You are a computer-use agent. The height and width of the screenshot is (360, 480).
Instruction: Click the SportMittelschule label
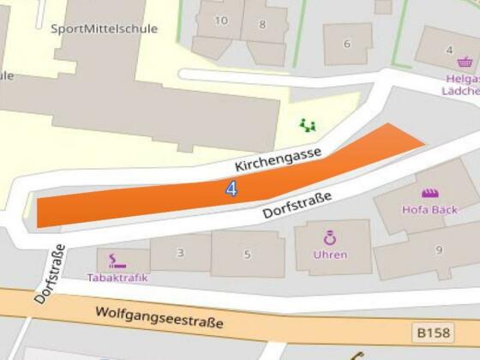click(x=105, y=28)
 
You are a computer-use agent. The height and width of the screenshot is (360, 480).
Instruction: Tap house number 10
click(x=221, y=21)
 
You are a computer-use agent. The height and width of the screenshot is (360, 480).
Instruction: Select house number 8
click(x=262, y=24)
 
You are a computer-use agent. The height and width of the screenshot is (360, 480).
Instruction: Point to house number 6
click(x=347, y=45)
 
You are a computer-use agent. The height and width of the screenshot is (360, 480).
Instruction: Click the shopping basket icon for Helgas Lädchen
click(x=465, y=62)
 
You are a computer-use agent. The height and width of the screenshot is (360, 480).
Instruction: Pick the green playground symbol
click(x=308, y=125)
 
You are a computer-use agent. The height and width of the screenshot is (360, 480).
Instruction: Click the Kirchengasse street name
click(x=279, y=159)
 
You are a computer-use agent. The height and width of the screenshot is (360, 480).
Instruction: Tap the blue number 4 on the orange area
click(x=231, y=189)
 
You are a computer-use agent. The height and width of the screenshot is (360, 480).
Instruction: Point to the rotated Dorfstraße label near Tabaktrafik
click(x=50, y=274)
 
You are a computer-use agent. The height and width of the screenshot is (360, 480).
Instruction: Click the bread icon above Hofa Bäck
click(x=429, y=193)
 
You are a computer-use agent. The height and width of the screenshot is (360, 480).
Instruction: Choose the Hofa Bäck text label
click(x=429, y=209)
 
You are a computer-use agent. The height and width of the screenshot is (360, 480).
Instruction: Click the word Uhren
click(x=330, y=255)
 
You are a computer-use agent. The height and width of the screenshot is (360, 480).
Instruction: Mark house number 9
click(x=439, y=250)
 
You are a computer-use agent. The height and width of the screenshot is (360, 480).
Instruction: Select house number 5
click(x=248, y=254)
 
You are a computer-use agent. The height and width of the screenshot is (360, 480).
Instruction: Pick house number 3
click(x=180, y=253)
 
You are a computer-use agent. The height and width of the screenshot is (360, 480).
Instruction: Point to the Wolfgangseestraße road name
click(x=159, y=318)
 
